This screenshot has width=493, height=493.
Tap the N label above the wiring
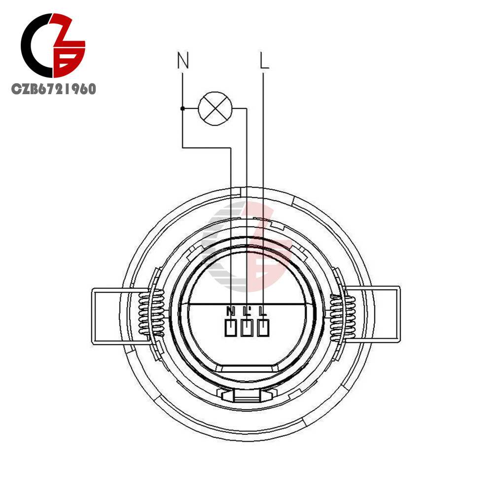pos(183,61)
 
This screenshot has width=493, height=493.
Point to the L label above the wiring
pos(264,61)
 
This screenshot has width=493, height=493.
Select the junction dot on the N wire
pos(182,108)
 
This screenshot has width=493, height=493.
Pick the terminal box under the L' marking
pos(247,328)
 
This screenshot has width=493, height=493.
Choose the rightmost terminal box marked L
pos(263,328)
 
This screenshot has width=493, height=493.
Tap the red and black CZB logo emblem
pos(53,47)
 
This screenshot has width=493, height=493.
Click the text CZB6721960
pos(54,89)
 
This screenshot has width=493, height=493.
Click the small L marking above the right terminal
pos(263,311)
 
